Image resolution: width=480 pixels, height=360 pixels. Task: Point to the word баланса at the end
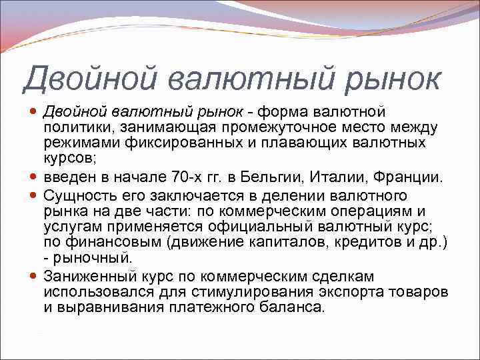pos(295,307)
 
